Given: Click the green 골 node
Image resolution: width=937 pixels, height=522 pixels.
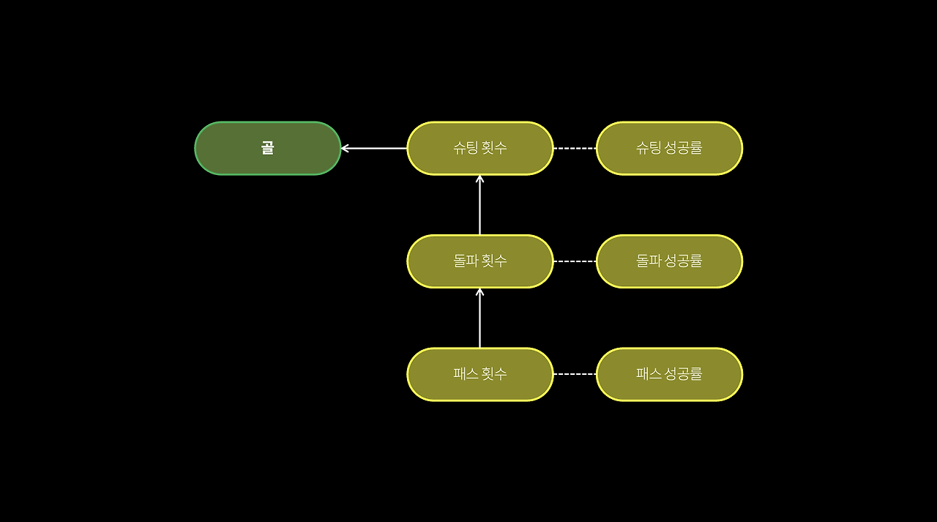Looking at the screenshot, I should pos(268,149).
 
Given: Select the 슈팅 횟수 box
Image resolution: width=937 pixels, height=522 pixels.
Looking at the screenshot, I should pos(479,149).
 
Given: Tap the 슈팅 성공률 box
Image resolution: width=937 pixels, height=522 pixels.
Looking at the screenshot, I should pos(669,149).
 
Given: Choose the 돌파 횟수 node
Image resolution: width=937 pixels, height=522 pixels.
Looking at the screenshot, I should pos(479,261).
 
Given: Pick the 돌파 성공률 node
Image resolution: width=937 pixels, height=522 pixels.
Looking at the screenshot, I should pos(669,261).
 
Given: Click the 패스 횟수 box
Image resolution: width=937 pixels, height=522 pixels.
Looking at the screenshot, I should pos(479,374).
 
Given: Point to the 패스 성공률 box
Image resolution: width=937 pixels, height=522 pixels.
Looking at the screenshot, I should pos(669,374).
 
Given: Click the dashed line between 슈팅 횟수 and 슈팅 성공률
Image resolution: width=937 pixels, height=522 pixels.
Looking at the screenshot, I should pos(575,149).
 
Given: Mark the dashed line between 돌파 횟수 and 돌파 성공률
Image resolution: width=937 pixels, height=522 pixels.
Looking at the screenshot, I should pos(575,261).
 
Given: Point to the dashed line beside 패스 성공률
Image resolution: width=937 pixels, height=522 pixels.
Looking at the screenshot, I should pos(575,374).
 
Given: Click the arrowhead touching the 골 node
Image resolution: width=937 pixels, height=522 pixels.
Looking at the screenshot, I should pos(345,149).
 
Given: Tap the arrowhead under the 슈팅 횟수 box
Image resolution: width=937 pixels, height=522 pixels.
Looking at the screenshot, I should pos(479,179).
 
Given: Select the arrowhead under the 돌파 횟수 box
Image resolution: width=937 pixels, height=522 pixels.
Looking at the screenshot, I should pos(479,291).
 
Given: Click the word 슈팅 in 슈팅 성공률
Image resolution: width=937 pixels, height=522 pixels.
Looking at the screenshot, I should pos(649,148).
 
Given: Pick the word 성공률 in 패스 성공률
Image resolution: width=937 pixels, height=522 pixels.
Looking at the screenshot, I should pos(682,374).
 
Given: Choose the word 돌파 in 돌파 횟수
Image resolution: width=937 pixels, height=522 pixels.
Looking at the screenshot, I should pos(466,261).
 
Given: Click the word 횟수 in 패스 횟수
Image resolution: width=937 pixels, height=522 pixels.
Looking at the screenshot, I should pos(493,374).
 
